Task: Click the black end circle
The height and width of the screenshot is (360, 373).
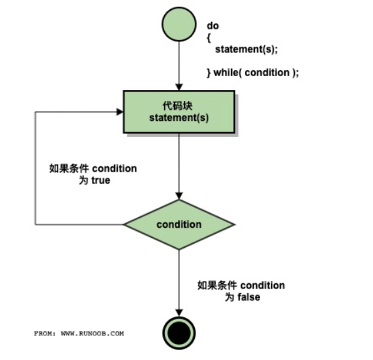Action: [x=179, y=331]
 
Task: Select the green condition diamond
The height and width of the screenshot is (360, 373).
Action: [x=179, y=224]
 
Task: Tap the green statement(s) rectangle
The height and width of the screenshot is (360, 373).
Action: [x=179, y=112]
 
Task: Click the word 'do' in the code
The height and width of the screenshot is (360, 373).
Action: [x=212, y=25]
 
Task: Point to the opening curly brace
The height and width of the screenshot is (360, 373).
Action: [x=208, y=37]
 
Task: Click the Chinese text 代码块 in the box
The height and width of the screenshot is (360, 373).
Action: [x=178, y=106]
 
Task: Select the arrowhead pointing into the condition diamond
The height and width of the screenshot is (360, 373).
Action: [x=179, y=195]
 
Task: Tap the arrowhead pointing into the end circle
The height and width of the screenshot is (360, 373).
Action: [x=179, y=311]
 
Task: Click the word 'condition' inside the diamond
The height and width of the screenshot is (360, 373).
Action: [x=179, y=224]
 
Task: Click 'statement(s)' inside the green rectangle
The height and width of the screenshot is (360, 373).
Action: [x=178, y=118]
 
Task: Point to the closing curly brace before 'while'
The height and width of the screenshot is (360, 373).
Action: [x=208, y=72]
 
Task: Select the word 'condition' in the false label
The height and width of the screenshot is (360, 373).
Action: [x=262, y=285]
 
